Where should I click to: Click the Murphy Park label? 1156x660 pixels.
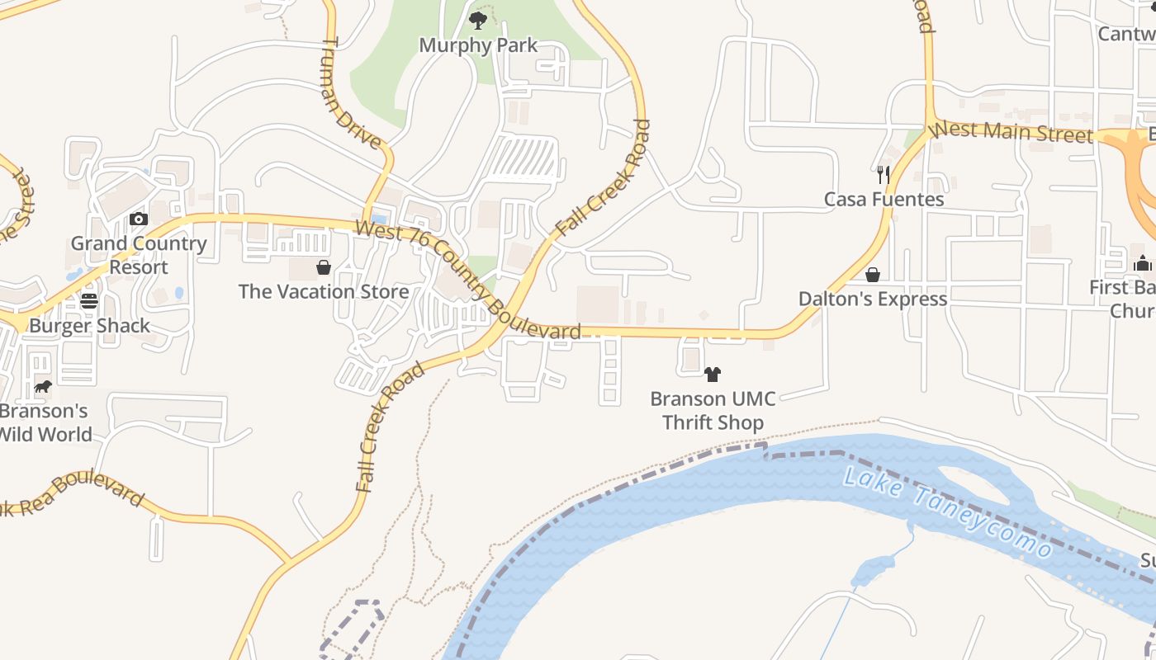(478, 45)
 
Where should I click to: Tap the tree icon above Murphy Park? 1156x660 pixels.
(477, 20)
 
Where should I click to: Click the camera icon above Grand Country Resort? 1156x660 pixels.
(139, 219)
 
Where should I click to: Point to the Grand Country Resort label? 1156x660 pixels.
(139, 255)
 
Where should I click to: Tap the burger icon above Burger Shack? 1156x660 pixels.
(89, 301)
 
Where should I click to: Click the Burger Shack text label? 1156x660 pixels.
(89, 326)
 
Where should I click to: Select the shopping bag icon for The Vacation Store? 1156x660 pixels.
(324, 267)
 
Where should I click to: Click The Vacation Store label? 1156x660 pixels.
(324, 292)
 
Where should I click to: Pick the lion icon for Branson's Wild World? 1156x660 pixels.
(43, 386)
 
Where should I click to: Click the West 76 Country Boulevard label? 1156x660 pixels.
(468, 281)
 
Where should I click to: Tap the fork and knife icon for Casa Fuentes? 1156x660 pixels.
(884, 174)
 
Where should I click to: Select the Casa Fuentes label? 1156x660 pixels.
(884, 200)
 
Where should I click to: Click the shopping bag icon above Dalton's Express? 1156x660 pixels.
(873, 275)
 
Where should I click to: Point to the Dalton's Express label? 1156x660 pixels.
(873, 299)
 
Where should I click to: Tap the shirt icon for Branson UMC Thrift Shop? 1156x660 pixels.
(713, 375)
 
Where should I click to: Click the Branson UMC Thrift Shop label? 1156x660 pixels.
(713, 411)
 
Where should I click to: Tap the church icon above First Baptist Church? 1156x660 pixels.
(1143, 263)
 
